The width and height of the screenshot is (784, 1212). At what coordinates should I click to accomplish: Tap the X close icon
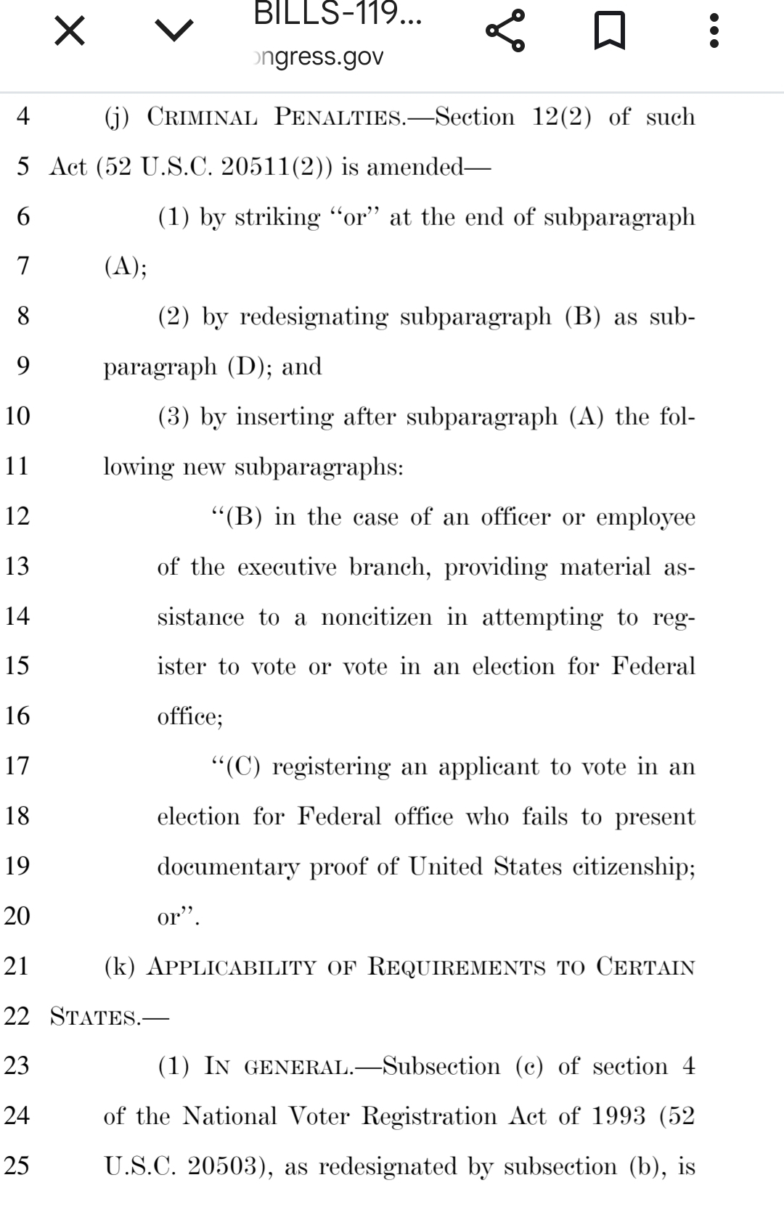(70, 31)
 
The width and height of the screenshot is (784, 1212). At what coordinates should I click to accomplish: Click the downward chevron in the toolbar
(174, 30)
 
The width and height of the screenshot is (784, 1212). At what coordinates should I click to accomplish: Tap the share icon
(505, 30)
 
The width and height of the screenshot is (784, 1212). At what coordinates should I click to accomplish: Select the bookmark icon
(609, 32)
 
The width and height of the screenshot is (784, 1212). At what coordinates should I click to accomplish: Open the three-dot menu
(714, 31)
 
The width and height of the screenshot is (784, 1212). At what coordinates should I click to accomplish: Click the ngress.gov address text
(319, 57)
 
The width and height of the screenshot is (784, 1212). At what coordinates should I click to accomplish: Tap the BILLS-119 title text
(337, 15)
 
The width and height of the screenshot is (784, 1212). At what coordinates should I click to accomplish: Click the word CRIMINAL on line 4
(203, 117)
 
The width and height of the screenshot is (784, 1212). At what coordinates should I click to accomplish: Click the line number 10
(17, 416)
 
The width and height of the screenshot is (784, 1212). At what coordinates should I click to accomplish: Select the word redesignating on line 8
(313, 317)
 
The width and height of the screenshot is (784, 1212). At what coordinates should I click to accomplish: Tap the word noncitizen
(376, 617)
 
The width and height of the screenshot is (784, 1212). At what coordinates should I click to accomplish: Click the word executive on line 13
(287, 567)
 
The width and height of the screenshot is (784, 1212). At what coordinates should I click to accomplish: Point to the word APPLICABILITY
(232, 967)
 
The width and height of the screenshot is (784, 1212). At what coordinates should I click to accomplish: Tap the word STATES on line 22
(93, 1017)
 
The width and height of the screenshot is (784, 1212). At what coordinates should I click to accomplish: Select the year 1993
(618, 1116)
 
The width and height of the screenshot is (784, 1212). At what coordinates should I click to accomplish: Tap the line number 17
(17, 766)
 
